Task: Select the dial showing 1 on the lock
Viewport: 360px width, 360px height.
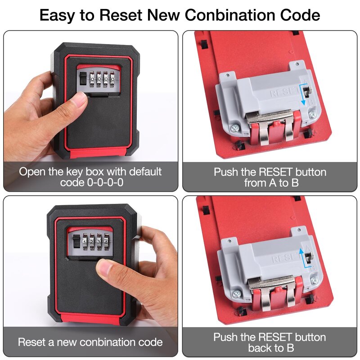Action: (85, 242)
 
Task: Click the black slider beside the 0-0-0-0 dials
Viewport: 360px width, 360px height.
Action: (82, 79)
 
